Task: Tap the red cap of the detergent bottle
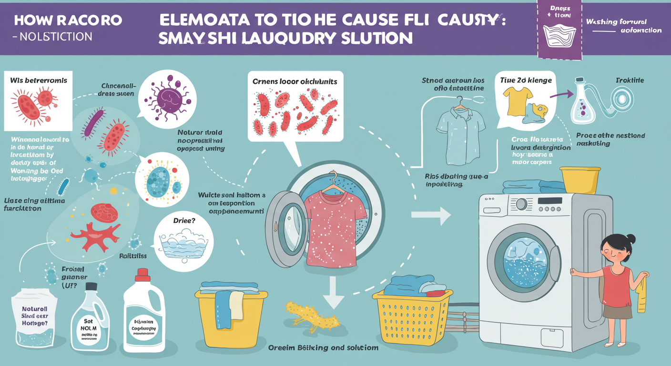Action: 142,274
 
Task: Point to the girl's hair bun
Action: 630,238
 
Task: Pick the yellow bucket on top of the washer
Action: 579,180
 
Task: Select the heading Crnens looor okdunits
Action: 295,81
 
